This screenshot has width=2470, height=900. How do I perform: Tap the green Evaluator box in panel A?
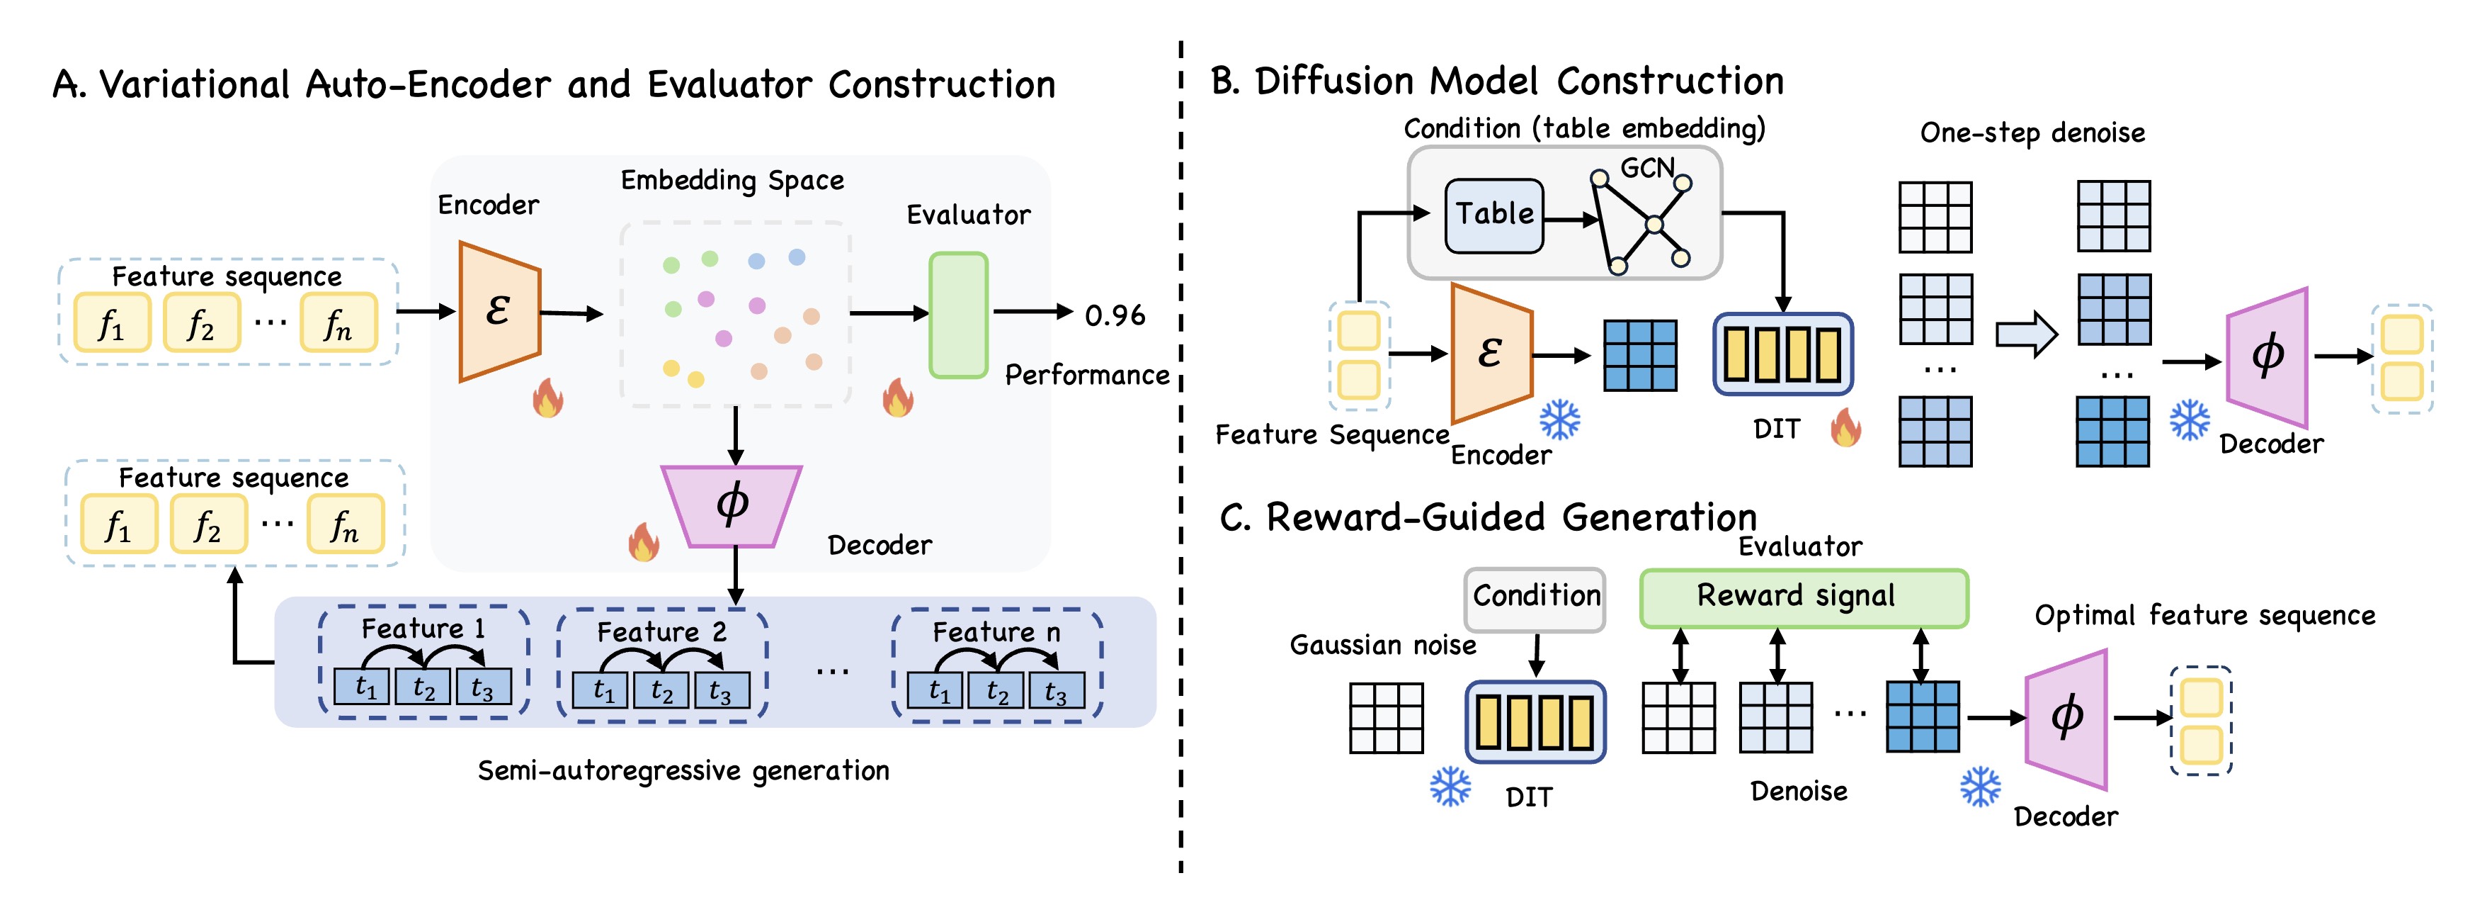(x=958, y=315)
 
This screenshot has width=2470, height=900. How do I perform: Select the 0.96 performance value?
(x=1114, y=315)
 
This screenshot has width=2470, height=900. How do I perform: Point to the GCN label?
(x=1646, y=169)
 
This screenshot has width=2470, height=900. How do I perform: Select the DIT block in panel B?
(x=1782, y=354)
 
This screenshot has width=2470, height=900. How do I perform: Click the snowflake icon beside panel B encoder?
(x=1560, y=420)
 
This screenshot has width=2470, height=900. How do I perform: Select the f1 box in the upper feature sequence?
(x=112, y=323)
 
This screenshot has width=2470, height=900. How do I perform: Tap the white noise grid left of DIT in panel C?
(x=1386, y=718)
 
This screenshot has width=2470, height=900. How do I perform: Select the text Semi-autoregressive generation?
(x=683, y=770)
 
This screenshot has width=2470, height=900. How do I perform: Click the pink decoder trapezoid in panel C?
(x=2067, y=719)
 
